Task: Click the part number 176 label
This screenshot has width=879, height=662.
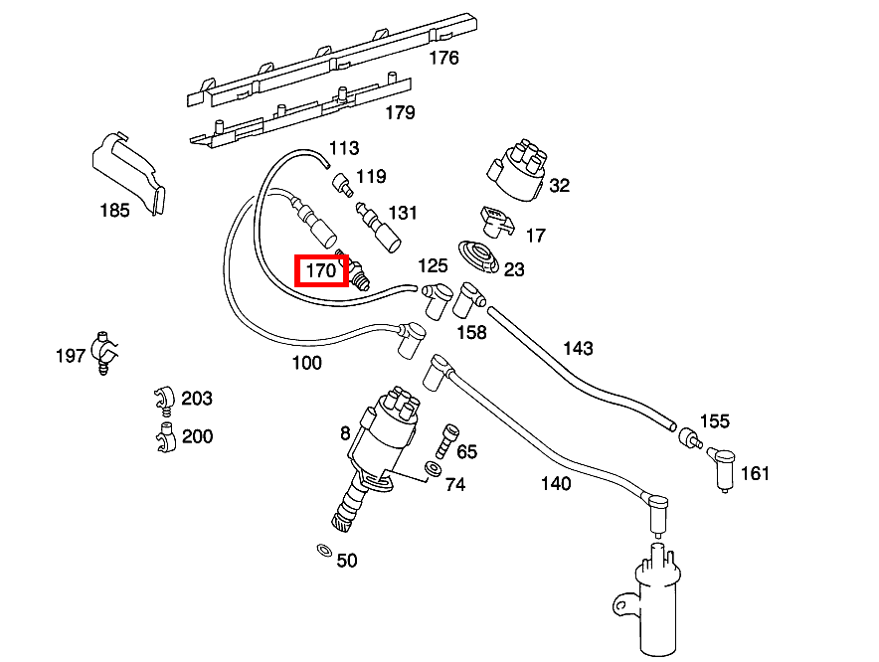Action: coord(443,58)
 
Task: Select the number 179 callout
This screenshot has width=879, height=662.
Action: coord(399,112)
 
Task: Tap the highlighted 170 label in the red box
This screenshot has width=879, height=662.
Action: coord(320,269)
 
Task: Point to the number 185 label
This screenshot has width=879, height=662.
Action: coord(114,211)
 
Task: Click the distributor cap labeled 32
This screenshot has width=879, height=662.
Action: coord(516,169)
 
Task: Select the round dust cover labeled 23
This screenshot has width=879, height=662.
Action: coord(480,256)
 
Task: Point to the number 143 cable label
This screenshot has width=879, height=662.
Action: coord(578,348)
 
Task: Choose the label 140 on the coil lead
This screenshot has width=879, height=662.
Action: coord(556,484)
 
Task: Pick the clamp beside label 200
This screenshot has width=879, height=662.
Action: coord(163,435)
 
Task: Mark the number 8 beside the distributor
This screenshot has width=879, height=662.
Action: coord(344,433)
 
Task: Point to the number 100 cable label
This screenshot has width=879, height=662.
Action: coord(307,363)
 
